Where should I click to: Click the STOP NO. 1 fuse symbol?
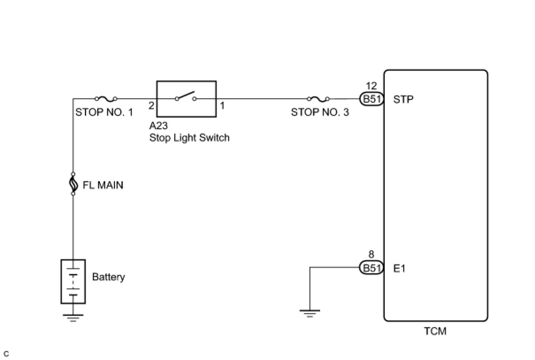(106, 99)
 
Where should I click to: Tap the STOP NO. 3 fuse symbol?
(318, 99)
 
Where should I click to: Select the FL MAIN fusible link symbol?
(73, 184)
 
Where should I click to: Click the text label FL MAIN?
(103, 185)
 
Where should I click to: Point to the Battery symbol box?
(73, 281)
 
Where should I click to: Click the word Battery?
(108, 277)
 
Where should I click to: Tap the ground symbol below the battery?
(73, 318)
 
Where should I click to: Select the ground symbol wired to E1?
(310, 314)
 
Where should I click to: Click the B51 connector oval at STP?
(372, 99)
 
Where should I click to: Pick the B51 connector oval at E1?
(372, 268)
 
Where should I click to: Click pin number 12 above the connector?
(371, 86)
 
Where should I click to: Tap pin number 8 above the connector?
(371, 254)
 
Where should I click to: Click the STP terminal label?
(403, 100)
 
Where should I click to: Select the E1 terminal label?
(399, 269)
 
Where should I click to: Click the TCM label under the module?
(435, 331)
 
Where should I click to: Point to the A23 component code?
(159, 126)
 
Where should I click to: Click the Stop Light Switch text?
(189, 138)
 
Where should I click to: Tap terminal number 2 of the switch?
(151, 106)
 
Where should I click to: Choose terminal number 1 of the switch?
(222, 106)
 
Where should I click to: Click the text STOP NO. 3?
(320, 112)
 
